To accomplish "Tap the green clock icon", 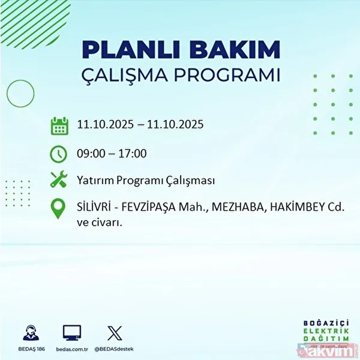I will [x=58, y=154].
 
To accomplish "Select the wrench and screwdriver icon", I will [x=58, y=180].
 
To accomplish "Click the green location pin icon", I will [x=58, y=208].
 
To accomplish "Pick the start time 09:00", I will [x=91, y=154].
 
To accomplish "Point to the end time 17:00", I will [x=133, y=154].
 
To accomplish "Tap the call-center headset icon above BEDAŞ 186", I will [x=30, y=333].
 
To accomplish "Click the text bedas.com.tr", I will [x=72, y=349].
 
